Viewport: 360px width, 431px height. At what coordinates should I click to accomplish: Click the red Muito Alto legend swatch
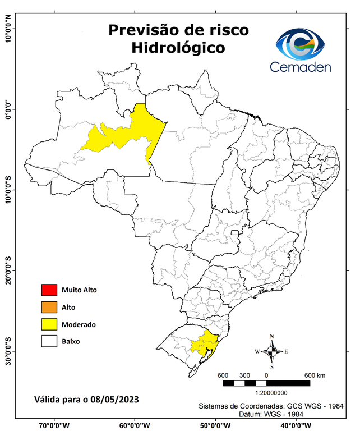49,290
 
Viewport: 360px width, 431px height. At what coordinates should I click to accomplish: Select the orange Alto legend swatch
49,307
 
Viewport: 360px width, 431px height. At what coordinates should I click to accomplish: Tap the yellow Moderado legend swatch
49,324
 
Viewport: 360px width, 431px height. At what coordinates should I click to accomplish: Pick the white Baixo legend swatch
49,341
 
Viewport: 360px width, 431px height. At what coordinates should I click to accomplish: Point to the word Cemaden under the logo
301,67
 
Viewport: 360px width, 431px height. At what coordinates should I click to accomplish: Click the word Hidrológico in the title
178,48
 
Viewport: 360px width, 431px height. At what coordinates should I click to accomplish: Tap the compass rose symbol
271,351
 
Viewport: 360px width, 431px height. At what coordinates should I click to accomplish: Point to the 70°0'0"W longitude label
54,425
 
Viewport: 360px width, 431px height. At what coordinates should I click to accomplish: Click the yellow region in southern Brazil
204,342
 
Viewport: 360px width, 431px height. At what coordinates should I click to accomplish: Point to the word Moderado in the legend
79,324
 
